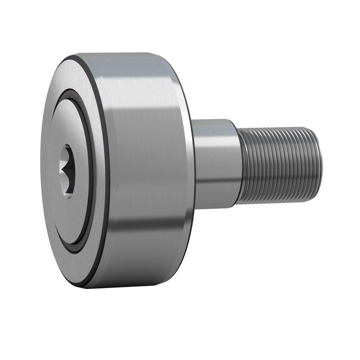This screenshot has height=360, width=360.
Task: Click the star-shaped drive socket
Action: (66, 170)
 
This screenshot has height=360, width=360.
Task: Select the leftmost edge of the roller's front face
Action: (41, 170)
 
